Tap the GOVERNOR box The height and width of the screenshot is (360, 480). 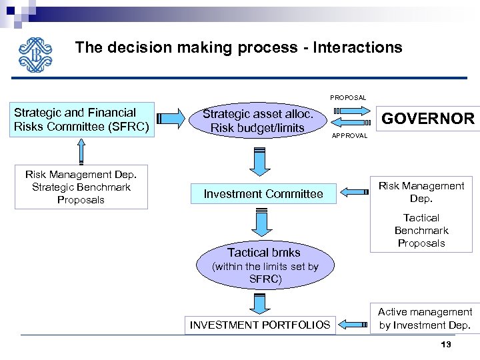(427, 119)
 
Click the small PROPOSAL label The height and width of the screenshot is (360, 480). (348, 97)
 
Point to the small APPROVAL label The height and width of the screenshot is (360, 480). (349, 135)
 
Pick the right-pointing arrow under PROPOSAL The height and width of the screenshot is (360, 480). (348, 110)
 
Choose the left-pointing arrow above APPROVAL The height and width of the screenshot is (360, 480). (348, 123)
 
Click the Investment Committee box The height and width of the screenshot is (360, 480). (263, 194)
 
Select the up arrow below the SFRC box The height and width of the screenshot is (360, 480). (81, 150)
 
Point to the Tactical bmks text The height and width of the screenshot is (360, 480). (264, 252)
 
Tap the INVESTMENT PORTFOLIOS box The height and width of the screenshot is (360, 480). (259, 325)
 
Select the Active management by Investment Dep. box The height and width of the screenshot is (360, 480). (425, 319)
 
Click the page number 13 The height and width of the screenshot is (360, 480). (446, 344)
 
